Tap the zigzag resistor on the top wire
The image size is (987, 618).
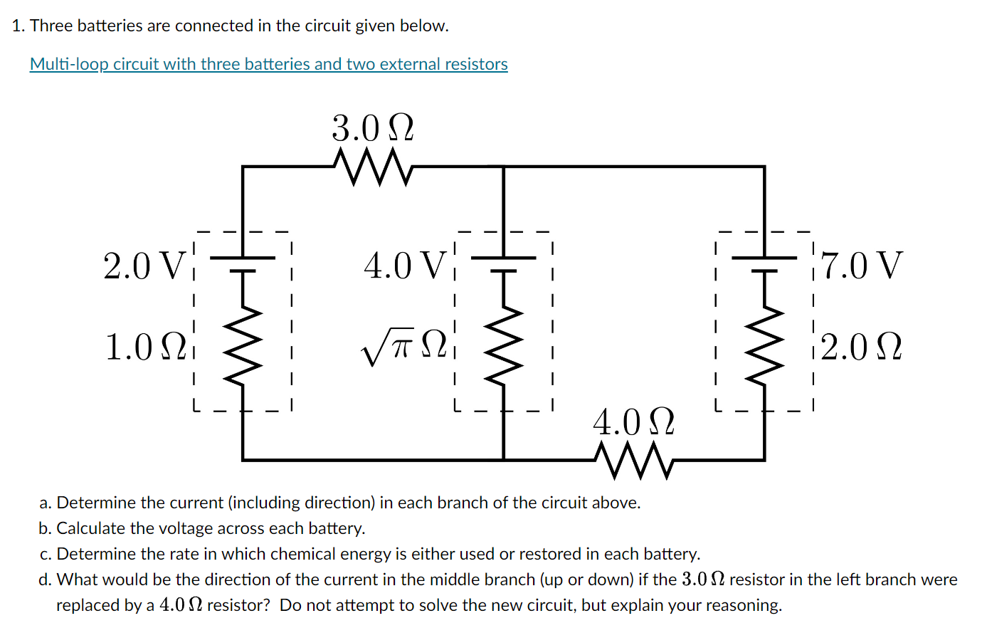point(372,168)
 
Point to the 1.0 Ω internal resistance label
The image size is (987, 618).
point(144,347)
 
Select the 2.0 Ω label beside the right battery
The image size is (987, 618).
point(861,347)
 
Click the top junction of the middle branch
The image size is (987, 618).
point(504,167)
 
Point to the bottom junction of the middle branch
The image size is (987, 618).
point(504,459)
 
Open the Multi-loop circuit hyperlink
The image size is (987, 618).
point(268,64)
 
